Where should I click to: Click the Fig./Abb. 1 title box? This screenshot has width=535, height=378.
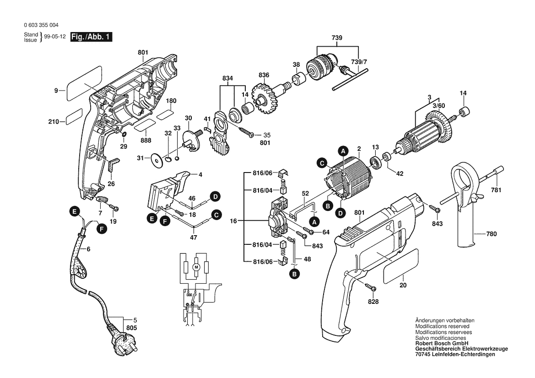pos(91,37)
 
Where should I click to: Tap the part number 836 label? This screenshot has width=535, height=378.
pos(264,75)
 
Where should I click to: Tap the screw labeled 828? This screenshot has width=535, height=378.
pos(371,288)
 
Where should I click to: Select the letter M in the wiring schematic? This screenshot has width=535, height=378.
pos(196,266)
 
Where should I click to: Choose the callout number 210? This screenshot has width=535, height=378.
pos(54,122)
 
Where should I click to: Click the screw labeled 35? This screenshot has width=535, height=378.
pos(249,135)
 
